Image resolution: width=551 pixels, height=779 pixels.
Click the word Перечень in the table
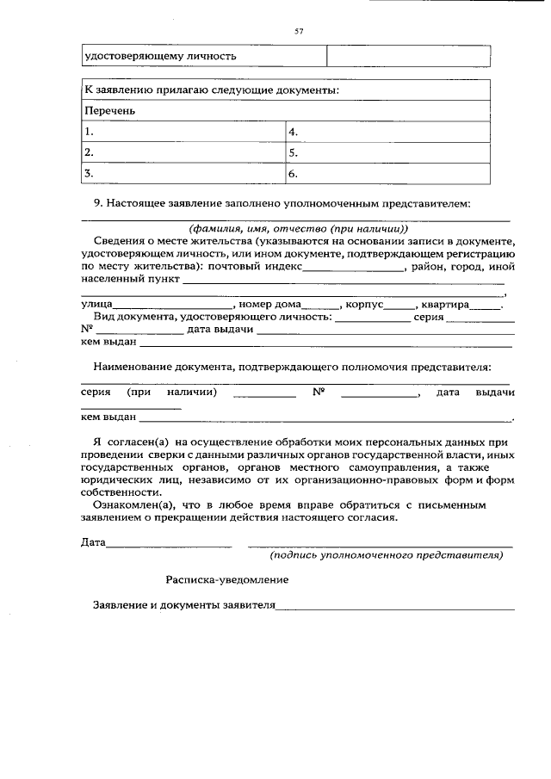[x=109, y=111]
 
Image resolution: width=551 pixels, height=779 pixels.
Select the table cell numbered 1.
[x=183, y=132]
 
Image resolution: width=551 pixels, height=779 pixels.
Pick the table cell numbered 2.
[x=183, y=152]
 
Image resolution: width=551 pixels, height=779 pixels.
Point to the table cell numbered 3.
[x=183, y=173]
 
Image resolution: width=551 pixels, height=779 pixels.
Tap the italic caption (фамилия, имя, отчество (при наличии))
[x=299, y=229]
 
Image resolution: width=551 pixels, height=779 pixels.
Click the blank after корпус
[x=399, y=306]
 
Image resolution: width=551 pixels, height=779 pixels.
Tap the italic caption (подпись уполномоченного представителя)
[x=386, y=556]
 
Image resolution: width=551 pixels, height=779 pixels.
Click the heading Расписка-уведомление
[x=227, y=580]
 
